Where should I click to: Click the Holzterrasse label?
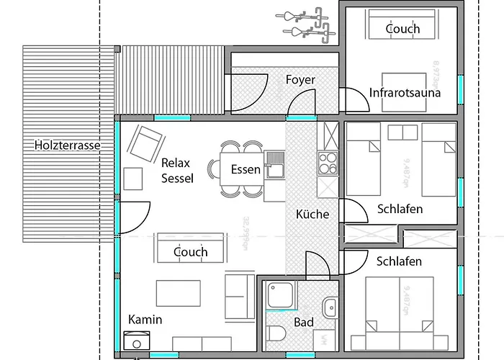[67, 145]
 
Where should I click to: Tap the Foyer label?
[300, 79]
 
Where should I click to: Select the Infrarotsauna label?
[405, 93]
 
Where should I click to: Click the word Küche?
[312, 214]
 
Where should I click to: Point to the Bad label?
[304, 322]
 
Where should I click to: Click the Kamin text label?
[145, 319]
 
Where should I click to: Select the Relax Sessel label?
[177, 170]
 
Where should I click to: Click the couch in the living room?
[190, 251]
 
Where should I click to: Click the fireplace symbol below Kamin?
[136, 340]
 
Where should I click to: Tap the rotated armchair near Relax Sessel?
[147, 143]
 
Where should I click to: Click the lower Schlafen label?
[399, 261]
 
